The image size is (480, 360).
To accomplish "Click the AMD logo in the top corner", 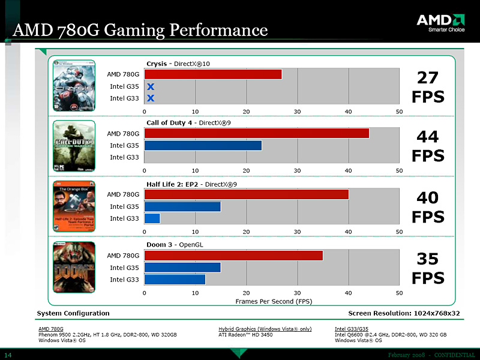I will point(440,23).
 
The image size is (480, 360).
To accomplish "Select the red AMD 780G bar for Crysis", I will point(213,74).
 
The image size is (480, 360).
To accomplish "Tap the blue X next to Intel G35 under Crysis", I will point(151,86).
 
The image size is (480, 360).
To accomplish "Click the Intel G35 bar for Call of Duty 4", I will point(203,145).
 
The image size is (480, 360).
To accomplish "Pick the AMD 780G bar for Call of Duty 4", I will point(257,134).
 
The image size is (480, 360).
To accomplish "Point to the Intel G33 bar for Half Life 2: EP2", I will point(152,218).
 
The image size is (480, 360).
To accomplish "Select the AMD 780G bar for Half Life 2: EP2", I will point(246,194).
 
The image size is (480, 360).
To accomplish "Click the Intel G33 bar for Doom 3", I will point(175,280).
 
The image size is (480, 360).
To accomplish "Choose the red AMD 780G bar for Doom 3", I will point(233,256).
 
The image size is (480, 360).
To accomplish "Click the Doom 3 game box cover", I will point(74,266).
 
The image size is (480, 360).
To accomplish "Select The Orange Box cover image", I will point(74,205).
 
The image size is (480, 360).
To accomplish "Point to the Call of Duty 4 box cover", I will point(74,145).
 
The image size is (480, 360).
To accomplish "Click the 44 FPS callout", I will point(428,146).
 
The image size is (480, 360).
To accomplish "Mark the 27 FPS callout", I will point(428,86).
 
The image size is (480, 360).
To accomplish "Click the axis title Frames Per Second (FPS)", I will point(274,301).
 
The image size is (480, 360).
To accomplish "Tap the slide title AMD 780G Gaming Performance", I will point(140,29).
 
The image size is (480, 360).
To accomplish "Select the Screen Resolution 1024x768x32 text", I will point(404,313).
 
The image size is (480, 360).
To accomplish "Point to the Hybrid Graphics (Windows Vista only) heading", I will point(265,329).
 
